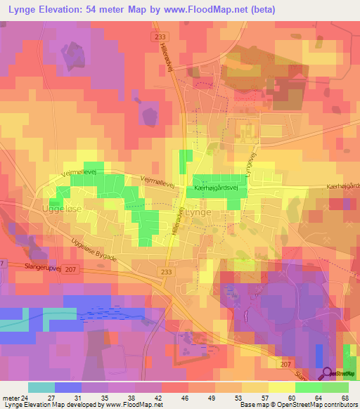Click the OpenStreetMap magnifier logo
pyautogui.click(x=327, y=374)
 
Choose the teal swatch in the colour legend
pyautogui.click(x=41, y=387)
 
